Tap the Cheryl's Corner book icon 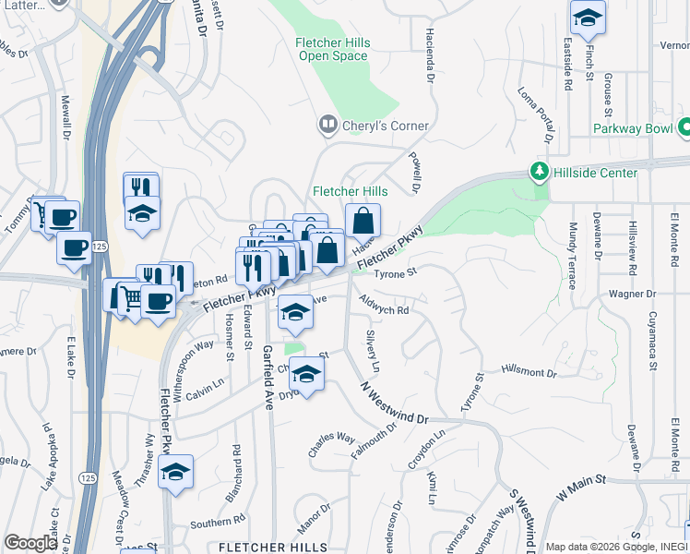click(x=327, y=124)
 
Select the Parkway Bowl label click(x=633, y=129)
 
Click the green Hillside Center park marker click(x=538, y=172)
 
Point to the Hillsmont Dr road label click(x=529, y=373)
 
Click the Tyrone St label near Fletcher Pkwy click(x=396, y=272)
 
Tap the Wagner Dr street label click(x=631, y=294)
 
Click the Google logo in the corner click(x=30, y=543)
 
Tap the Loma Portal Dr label click(x=534, y=116)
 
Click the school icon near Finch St click(x=587, y=18)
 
